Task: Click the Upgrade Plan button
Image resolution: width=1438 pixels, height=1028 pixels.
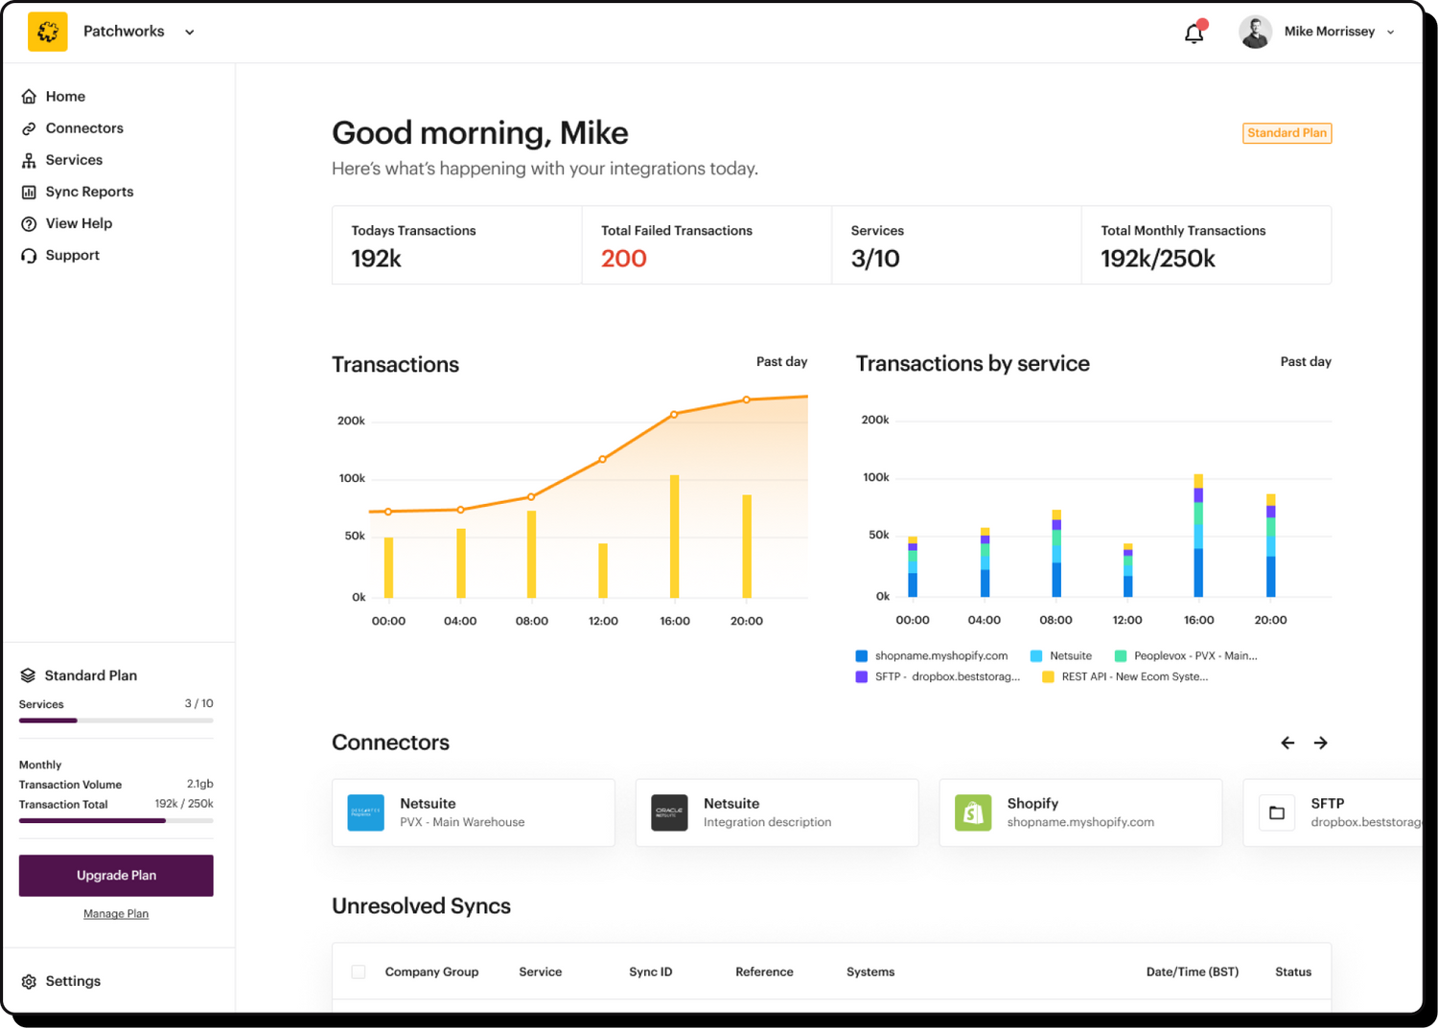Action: coord(116,875)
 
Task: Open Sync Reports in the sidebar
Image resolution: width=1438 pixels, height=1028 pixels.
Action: coord(89,192)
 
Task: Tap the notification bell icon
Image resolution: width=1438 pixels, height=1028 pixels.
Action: coord(1194,34)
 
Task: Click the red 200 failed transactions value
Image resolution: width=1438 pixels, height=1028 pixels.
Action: coord(623,259)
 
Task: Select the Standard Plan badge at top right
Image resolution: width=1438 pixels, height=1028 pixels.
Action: coord(1287,133)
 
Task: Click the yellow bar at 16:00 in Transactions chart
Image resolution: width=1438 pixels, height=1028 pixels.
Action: coord(675,537)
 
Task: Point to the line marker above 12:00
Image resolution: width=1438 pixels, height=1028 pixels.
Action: coord(602,460)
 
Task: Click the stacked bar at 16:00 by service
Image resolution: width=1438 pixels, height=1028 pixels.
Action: coord(1198,537)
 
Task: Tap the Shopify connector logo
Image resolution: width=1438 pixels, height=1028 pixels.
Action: coord(973,812)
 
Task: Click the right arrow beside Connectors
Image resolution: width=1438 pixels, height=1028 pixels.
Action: coord(1320,742)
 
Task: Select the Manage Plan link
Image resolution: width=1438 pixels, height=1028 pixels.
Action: coord(116,914)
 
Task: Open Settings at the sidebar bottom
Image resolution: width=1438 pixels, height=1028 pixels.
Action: coord(72,981)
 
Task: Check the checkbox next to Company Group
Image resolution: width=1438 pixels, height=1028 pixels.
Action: coord(359,971)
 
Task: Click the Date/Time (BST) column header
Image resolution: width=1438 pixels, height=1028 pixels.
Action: coord(1192,971)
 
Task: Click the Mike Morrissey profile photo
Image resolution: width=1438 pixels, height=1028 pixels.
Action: coord(1255,32)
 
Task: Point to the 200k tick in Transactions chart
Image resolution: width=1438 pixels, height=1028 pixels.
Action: coord(351,421)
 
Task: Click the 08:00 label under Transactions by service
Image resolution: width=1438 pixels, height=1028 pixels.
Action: coord(1055,620)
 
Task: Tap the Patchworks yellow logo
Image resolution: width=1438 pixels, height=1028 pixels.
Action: coord(48,32)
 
